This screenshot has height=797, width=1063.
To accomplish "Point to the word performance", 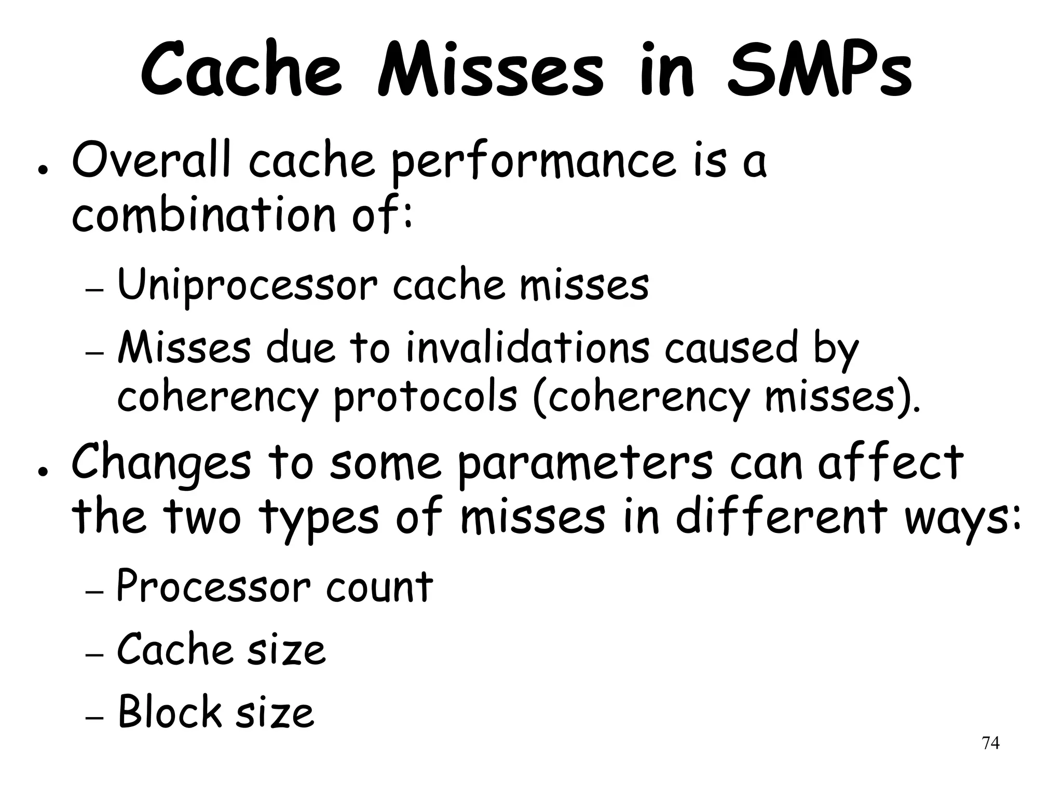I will pyautogui.click(x=533, y=162).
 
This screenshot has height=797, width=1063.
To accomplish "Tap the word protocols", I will pyautogui.click(x=426, y=398).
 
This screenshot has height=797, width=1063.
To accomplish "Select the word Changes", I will pyautogui.click(x=161, y=463).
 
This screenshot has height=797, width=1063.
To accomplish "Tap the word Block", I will pyautogui.click(x=169, y=712).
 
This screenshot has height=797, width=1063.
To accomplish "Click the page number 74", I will pyautogui.click(x=990, y=744).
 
